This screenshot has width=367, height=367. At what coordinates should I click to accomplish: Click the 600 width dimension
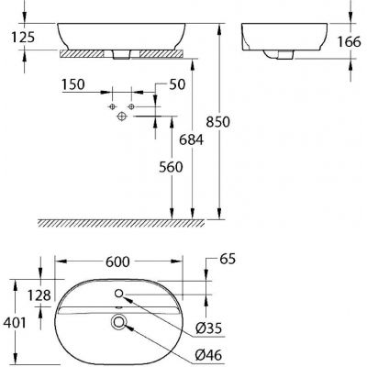point(115,261)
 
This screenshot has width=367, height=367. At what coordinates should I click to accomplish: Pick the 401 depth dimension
point(14,323)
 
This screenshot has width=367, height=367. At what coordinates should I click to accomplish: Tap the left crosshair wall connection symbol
point(115,108)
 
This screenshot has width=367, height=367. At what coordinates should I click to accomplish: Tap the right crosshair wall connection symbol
point(132,108)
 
